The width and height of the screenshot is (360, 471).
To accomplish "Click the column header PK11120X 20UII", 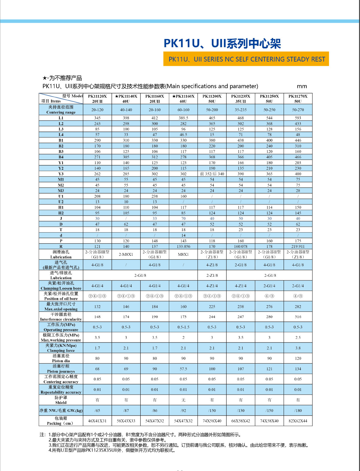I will click(97, 99).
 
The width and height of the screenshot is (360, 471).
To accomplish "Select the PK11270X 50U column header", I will click(298, 99).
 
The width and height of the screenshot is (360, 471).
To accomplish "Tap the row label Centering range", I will click(61, 110).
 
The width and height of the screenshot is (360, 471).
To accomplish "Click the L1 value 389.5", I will click(183, 118).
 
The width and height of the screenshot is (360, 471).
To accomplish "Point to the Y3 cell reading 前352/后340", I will click(212, 174).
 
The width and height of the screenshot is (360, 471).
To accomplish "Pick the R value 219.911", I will click(298, 247).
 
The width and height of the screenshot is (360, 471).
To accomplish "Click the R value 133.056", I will click(183, 247).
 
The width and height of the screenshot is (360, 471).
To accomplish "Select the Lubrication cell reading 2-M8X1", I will click(126, 255).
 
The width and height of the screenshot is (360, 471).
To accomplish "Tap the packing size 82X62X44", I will click(298, 421).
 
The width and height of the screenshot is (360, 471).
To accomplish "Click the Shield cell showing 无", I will click(183, 400).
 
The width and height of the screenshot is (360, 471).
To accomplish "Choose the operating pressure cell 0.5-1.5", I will click(183, 327).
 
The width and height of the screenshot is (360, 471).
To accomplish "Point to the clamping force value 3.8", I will click(298, 348).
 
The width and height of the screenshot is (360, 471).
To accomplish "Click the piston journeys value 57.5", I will click(183, 369).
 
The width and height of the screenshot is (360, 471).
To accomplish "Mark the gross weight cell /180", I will click(298, 410).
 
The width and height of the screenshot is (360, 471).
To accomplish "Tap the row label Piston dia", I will click(61, 358).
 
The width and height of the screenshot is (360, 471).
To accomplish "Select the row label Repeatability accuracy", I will click(61, 390).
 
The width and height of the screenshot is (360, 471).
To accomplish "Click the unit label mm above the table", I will click(302, 86).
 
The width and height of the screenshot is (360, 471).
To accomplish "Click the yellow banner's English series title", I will click(247, 59).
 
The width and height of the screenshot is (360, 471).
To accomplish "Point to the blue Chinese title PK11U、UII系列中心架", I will click(222, 44).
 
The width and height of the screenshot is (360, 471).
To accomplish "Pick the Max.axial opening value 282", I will click(298, 307).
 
